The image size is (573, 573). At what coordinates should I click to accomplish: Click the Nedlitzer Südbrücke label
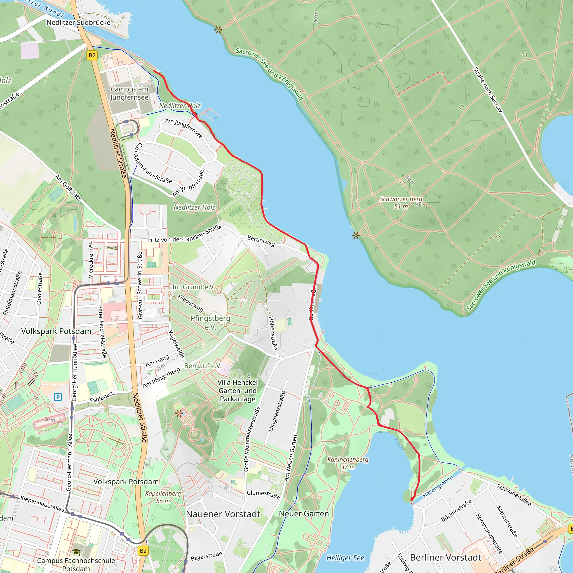[x=78, y=23]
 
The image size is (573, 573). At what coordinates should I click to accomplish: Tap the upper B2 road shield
[x=92, y=55]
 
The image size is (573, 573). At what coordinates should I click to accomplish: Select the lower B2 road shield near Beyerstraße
[x=143, y=551]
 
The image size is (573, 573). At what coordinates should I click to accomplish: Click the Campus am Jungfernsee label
[x=129, y=93]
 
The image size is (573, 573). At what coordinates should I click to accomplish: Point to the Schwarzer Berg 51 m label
[x=401, y=203]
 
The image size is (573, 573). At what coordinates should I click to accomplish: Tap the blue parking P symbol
[x=58, y=397]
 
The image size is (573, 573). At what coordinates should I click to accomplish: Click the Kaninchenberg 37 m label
[x=347, y=463]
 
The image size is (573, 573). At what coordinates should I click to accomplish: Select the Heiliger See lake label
[x=345, y=558]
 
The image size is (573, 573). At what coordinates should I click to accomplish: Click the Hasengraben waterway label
[x=438, y=487]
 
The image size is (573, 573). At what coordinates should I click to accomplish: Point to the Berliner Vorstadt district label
[x=445, y=558]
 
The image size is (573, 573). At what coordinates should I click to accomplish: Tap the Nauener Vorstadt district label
[x=223, y=514]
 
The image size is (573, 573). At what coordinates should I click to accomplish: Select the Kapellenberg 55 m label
[x=163, y=497]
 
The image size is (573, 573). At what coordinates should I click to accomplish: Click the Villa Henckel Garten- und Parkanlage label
[x=238, y=391]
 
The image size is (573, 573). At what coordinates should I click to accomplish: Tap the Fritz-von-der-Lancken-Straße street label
[x=185, y=234]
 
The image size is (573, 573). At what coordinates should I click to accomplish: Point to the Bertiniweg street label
[x=261, y=241]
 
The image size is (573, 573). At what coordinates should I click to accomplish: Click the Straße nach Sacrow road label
[x=488, y=90]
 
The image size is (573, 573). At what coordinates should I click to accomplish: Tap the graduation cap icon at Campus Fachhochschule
[x=76, y=552]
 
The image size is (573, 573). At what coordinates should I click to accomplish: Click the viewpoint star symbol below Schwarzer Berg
[x=356, y=236]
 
